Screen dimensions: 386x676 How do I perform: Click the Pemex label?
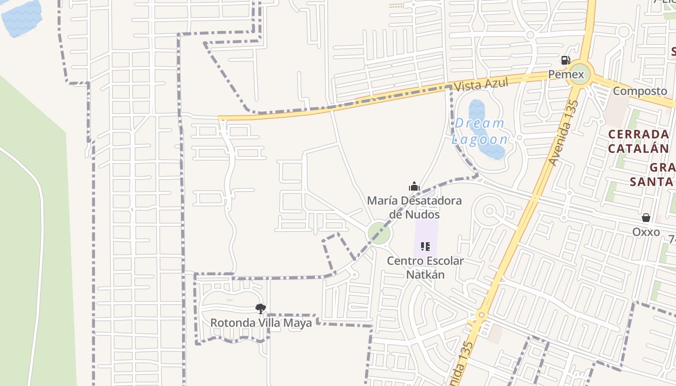(x=566, y=75)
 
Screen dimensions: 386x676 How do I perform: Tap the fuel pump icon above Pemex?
(x=565, y=60)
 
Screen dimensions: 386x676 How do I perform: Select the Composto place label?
(x=640, y=91)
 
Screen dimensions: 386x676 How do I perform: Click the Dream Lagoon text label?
(x=480, y=131)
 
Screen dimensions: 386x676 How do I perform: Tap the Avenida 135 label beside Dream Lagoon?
(x=564, y=132)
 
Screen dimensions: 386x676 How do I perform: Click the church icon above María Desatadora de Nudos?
(x=414, y=186)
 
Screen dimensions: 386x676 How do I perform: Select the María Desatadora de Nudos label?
(x=414, y=207)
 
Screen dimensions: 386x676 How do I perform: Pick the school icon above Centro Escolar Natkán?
(x=425, y=247)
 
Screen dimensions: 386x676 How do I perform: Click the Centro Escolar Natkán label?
(x=425, y=268)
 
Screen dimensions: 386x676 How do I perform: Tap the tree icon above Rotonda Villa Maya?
(x=261, y=308)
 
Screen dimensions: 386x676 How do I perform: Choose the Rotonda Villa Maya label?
(x=261, y=323)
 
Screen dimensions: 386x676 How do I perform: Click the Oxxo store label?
(x=646, y=232)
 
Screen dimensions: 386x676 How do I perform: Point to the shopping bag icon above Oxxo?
(x=646, y=218)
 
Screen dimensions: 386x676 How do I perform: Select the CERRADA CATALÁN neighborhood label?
(x=638, y=141)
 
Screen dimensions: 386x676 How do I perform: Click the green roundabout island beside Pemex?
(x=577, y=75)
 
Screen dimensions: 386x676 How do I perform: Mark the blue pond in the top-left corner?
(x=22, y=17)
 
